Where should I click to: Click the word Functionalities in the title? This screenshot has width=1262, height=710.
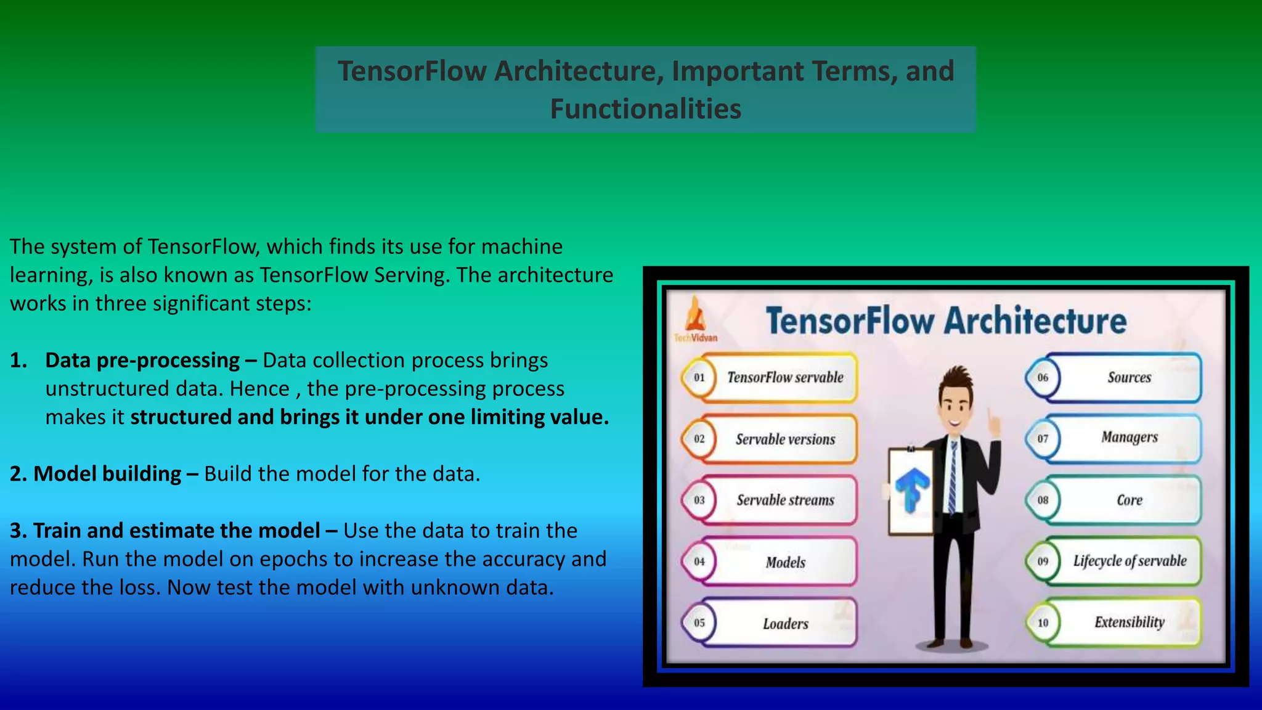point(645,109)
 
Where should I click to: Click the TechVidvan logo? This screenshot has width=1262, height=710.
point(696,319)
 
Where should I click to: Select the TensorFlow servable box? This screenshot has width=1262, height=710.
point(784,377)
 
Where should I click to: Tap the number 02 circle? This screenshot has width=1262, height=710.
point(699,439)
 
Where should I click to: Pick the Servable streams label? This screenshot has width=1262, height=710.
point(785,500)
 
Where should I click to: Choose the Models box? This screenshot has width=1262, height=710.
point(784,561)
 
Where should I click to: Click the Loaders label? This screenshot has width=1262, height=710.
point(785,623)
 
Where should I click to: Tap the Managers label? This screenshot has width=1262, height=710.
point(1129,437)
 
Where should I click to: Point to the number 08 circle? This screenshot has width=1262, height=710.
point(1043,500)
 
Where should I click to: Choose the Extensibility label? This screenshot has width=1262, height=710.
point(1129,622)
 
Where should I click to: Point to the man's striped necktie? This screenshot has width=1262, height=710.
point(953,478)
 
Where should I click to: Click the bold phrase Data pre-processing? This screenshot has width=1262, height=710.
point(142,360)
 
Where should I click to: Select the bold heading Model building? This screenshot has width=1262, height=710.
point(107,473)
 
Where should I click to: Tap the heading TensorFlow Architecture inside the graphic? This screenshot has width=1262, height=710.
point(946,320)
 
